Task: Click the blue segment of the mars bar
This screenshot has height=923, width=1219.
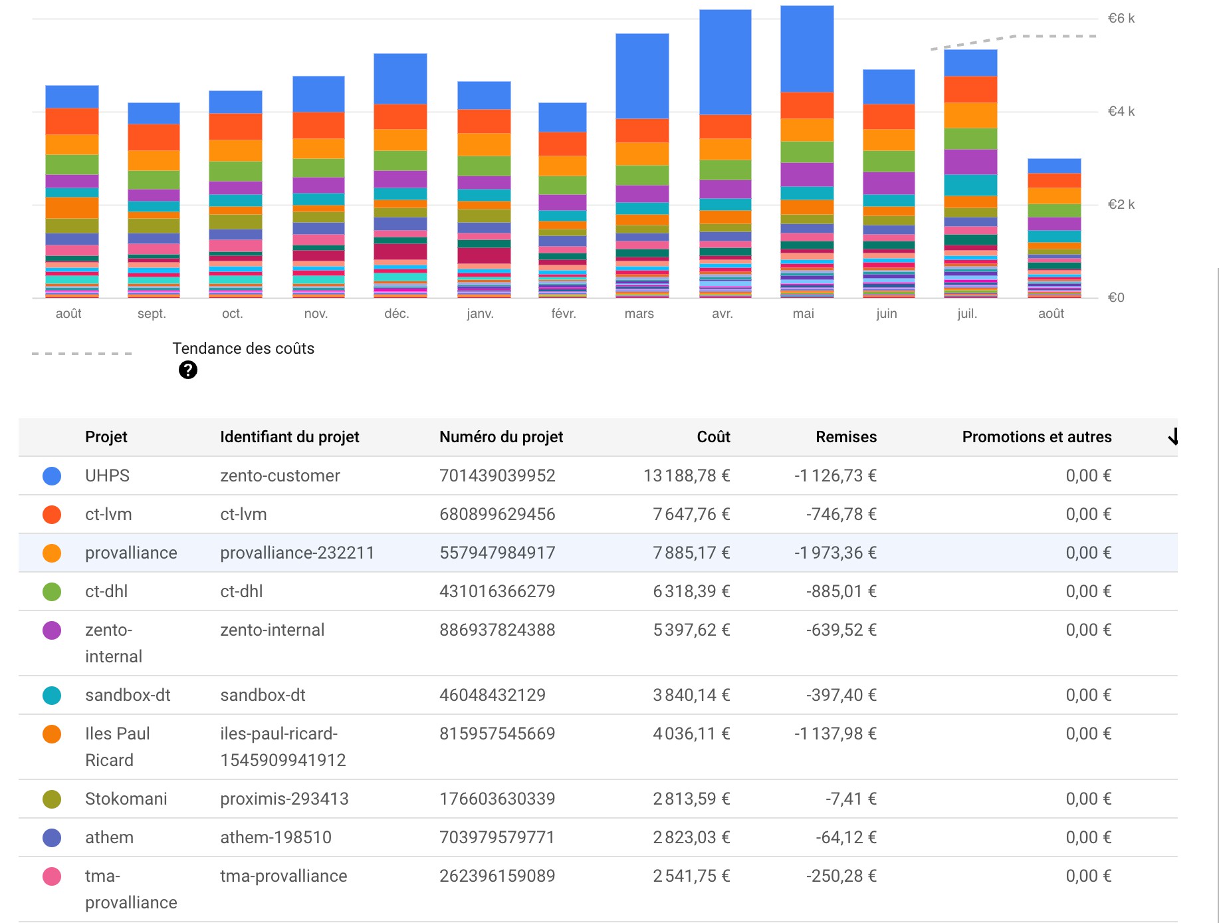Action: click(642, 76)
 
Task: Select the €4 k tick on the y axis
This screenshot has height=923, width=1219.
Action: click(1121, 111)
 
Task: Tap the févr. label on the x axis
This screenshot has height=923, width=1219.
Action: click(564, 313)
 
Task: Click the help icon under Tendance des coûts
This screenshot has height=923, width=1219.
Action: click(188, 370)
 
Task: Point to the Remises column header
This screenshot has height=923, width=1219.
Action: click(846, 437)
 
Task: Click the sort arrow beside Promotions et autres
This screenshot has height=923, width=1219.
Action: click(1173, 436)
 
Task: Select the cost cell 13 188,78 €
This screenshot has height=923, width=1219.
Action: click(687, 475)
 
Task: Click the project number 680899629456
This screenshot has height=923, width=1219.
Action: click(497, 514)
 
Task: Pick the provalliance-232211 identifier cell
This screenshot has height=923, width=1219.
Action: click(297, 553)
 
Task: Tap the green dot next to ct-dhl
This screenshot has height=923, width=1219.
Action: click(52, 591)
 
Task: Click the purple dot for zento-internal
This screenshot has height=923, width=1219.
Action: click(52, 630)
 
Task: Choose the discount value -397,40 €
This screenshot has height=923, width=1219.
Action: click(841, 695)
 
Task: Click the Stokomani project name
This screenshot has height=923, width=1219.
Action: click(126, 799)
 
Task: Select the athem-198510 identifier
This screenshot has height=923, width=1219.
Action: click(276, 837)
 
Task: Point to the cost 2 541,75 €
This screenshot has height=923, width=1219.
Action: click(691, 876)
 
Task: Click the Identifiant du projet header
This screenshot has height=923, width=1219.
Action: click(290, 437)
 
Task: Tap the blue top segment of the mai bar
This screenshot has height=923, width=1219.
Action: click(807, 49)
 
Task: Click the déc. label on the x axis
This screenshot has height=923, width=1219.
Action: click(396, 313)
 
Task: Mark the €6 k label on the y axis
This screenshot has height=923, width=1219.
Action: click(1121, 18)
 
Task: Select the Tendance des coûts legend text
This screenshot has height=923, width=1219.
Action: click(243, 348)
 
